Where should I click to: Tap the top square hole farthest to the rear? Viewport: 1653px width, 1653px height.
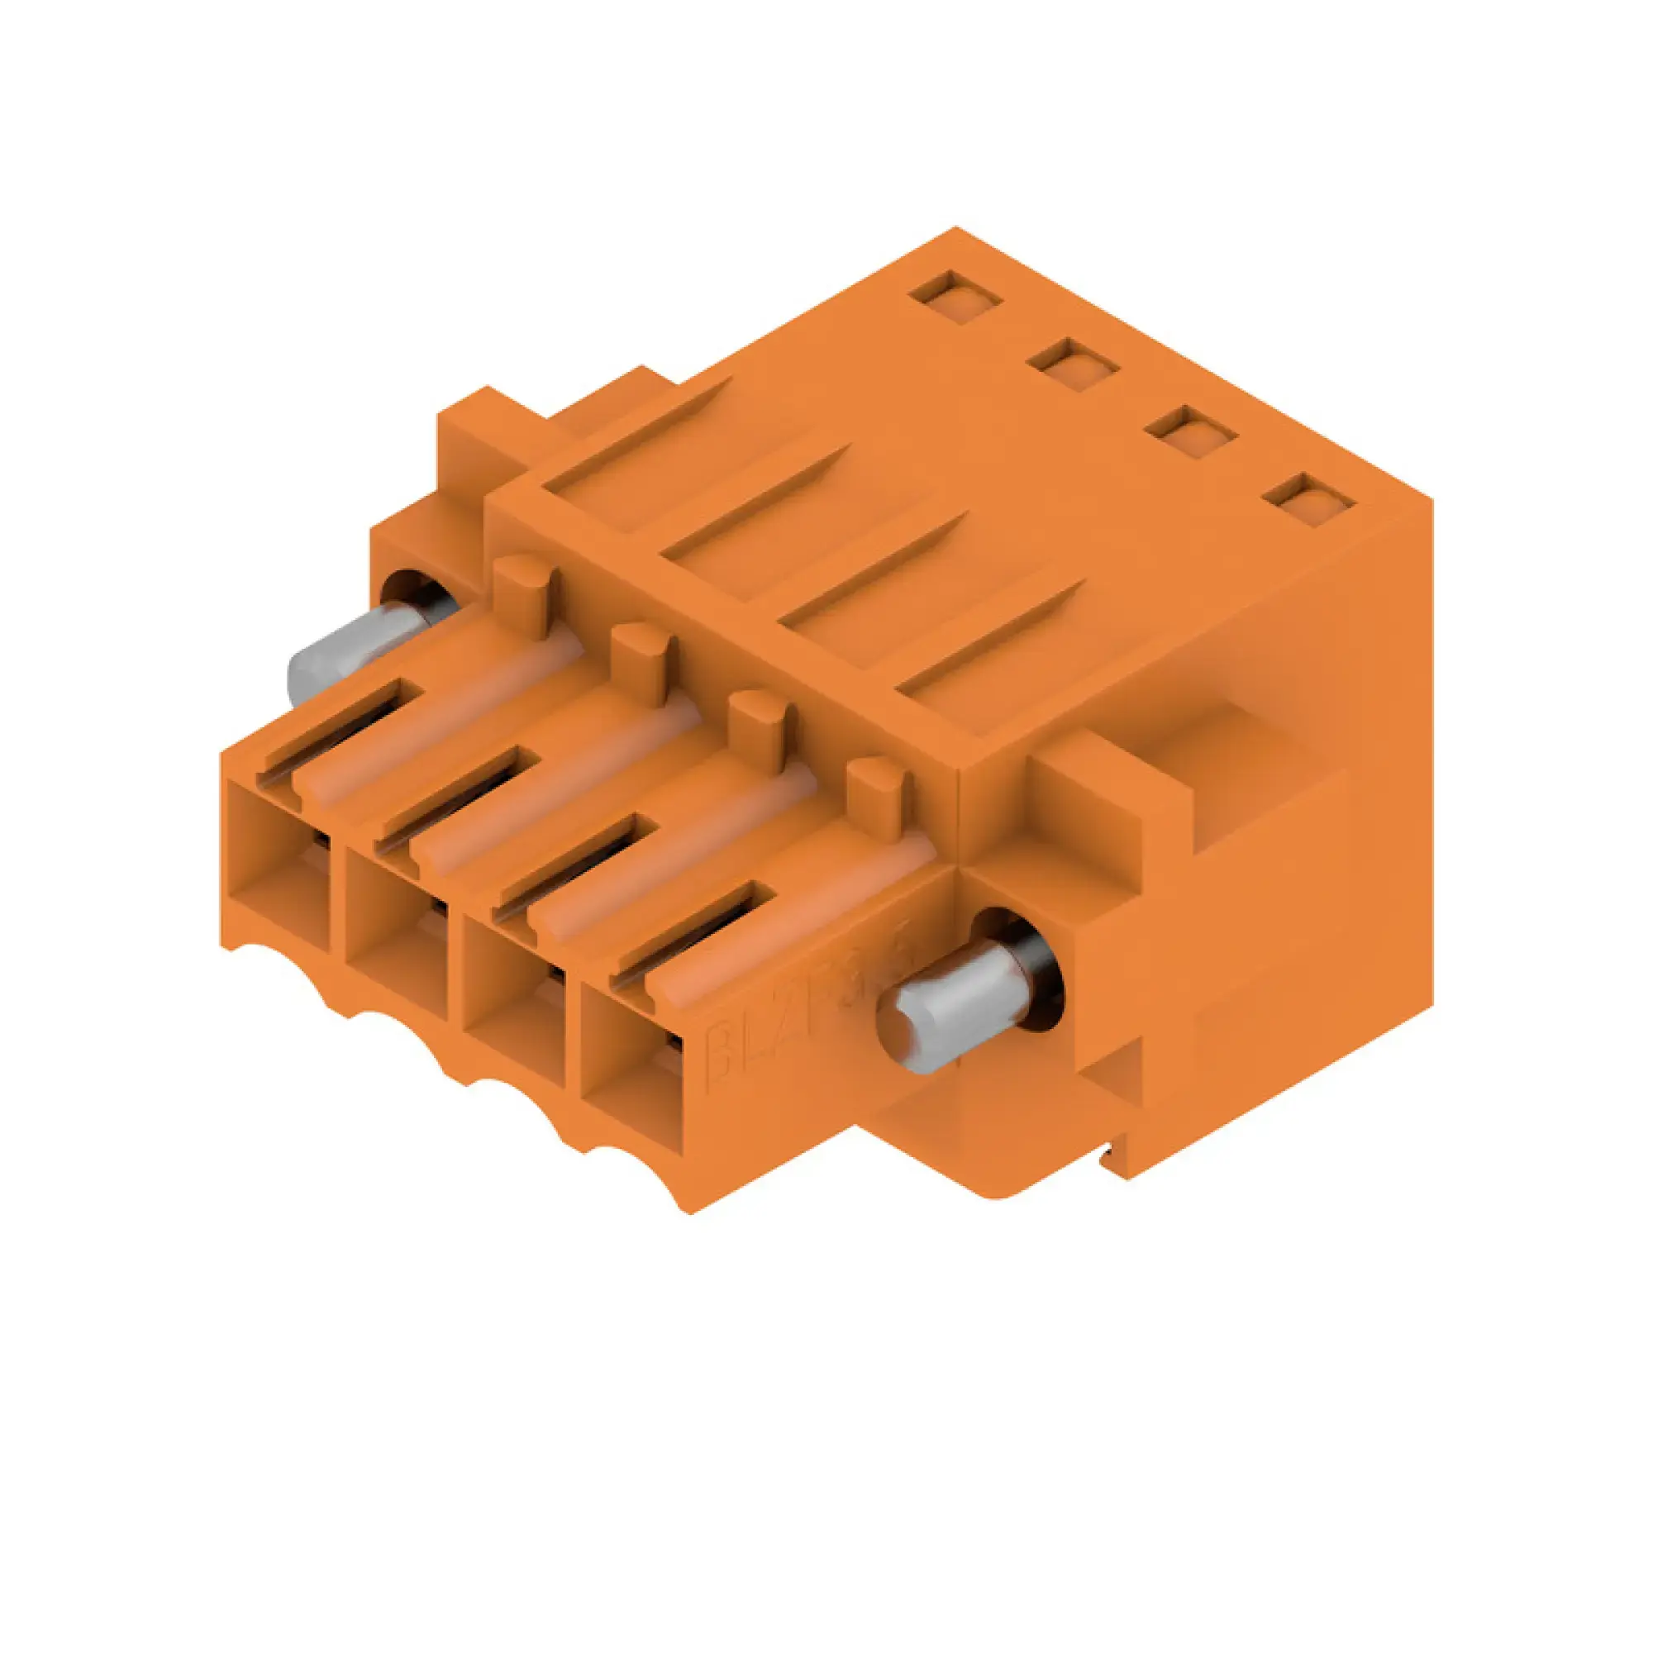(x=955, y=298)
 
